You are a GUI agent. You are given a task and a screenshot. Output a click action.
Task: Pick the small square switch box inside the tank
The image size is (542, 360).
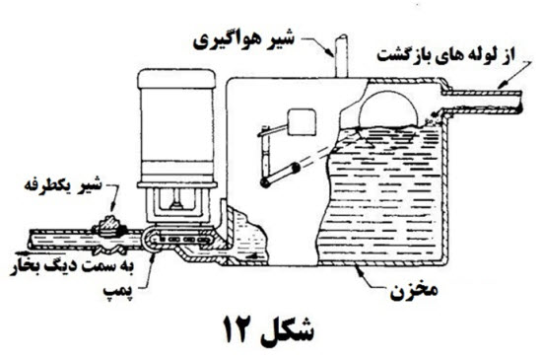coord(298,124)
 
